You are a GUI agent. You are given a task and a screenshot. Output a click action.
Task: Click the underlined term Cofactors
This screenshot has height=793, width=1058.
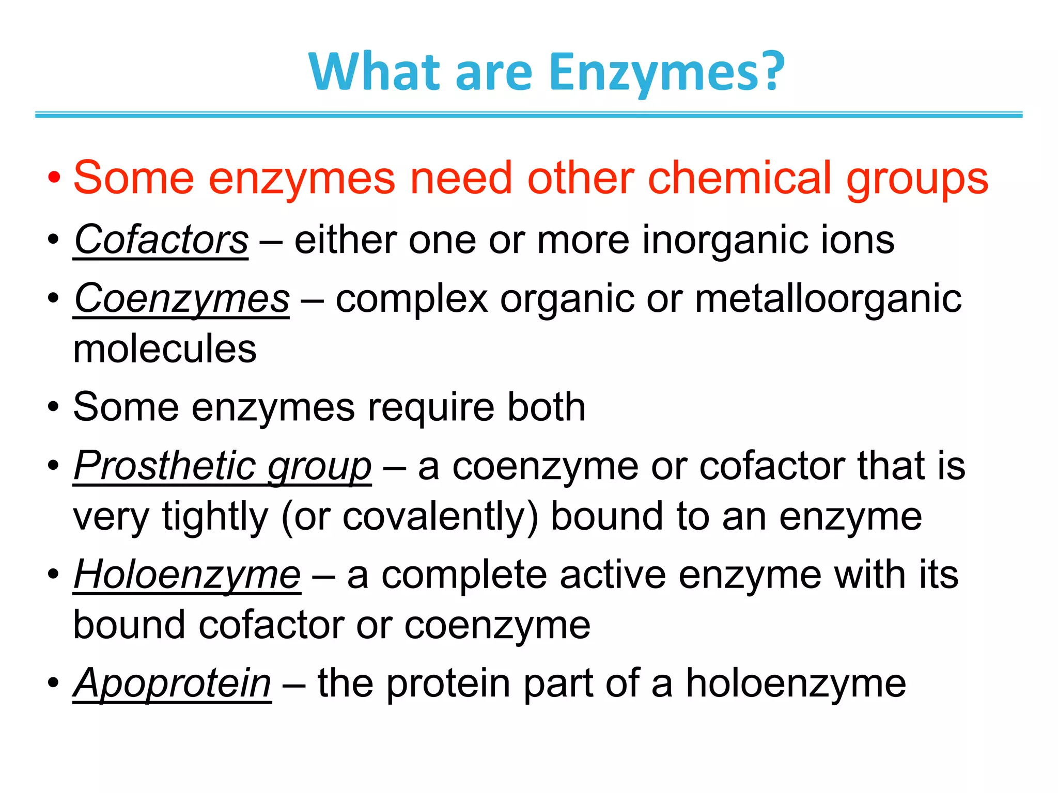click(x=161, y=240)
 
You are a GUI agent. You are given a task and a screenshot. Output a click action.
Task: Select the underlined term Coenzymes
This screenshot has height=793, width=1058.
click(x=182, y=299)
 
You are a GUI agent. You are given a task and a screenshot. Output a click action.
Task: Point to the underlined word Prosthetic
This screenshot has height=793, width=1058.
click(x=165, y=466)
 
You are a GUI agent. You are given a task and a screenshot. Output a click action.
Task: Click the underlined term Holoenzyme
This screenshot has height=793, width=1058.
click(x=187, y=575)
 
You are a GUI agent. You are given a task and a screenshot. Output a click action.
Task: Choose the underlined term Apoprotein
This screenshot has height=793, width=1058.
click(x=173, y=684)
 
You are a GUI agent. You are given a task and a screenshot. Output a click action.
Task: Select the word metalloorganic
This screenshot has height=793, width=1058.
click(x=828, y=299)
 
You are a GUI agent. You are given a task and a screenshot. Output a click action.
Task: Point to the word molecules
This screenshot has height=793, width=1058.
click(x=165, y=350)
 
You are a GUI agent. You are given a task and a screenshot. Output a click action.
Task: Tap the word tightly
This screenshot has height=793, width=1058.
click(x=215, y=517)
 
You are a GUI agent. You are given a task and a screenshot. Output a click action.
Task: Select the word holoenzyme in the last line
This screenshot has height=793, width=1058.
click(x=796, y=684)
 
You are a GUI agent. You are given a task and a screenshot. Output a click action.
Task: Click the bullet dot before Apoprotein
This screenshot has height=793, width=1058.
click(x=53, y=684)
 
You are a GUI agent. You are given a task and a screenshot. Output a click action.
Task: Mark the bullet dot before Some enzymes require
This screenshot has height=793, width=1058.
click(x=53, y=407)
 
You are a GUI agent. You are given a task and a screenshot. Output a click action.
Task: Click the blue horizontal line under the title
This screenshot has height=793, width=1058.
click(x=529, y=115)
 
